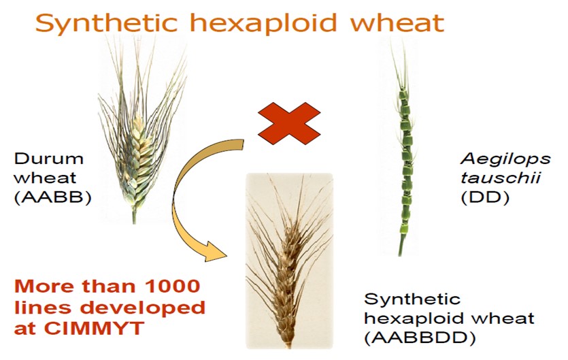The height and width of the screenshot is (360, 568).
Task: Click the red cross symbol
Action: click(x=289, y=123)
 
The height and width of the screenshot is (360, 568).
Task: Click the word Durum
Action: click(x=49, y=159)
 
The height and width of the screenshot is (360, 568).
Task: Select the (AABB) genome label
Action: click(x=53, y=198)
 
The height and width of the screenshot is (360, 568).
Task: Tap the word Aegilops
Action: click(x=506, y=159)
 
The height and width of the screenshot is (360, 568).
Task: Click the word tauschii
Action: click(x=501, y=178)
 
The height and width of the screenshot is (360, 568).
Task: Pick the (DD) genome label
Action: click(x=485, y=198)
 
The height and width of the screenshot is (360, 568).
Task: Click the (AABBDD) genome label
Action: click(x=420, y=338)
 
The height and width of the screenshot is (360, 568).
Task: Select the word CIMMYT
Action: click(x=94, y=329)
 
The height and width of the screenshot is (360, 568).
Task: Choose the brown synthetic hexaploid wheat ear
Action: click(x=289, y=261)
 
